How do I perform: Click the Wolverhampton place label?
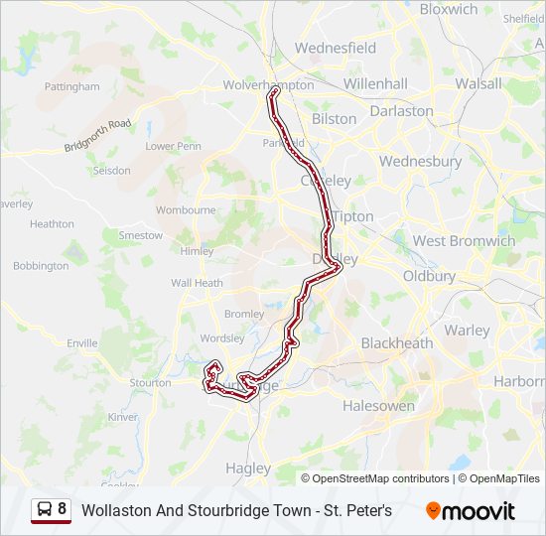point(268,85)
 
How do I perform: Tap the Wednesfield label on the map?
point(336,48)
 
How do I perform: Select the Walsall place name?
point(478,83)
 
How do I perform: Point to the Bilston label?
point(334,119)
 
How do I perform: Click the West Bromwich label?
point(464,241)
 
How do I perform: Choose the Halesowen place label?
point(377,406)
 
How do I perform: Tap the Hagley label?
point(248,469)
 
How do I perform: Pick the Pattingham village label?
point(72,87)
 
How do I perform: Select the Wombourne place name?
point(186,210)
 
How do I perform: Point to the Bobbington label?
point(41,266)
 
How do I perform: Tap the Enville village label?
point(82,343)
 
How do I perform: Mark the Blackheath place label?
point(396,343)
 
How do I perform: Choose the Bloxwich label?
point(448,9)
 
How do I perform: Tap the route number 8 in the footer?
point(63,510)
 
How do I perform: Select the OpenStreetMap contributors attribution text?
point(374,478)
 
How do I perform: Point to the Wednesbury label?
point(420,161)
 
